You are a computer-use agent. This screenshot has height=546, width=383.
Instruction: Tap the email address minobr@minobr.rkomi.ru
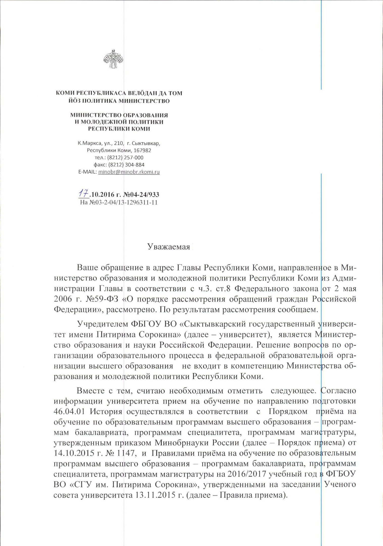[x=129, y=172]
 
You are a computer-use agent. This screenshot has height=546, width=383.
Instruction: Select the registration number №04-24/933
[x=141, y=195]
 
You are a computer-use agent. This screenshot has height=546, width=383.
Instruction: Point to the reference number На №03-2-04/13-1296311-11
[x=119, y=202]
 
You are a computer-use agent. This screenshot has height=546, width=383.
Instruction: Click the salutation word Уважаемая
[x=168, y=247]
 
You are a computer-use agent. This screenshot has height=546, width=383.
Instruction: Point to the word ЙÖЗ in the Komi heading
[x=75, y=101]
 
